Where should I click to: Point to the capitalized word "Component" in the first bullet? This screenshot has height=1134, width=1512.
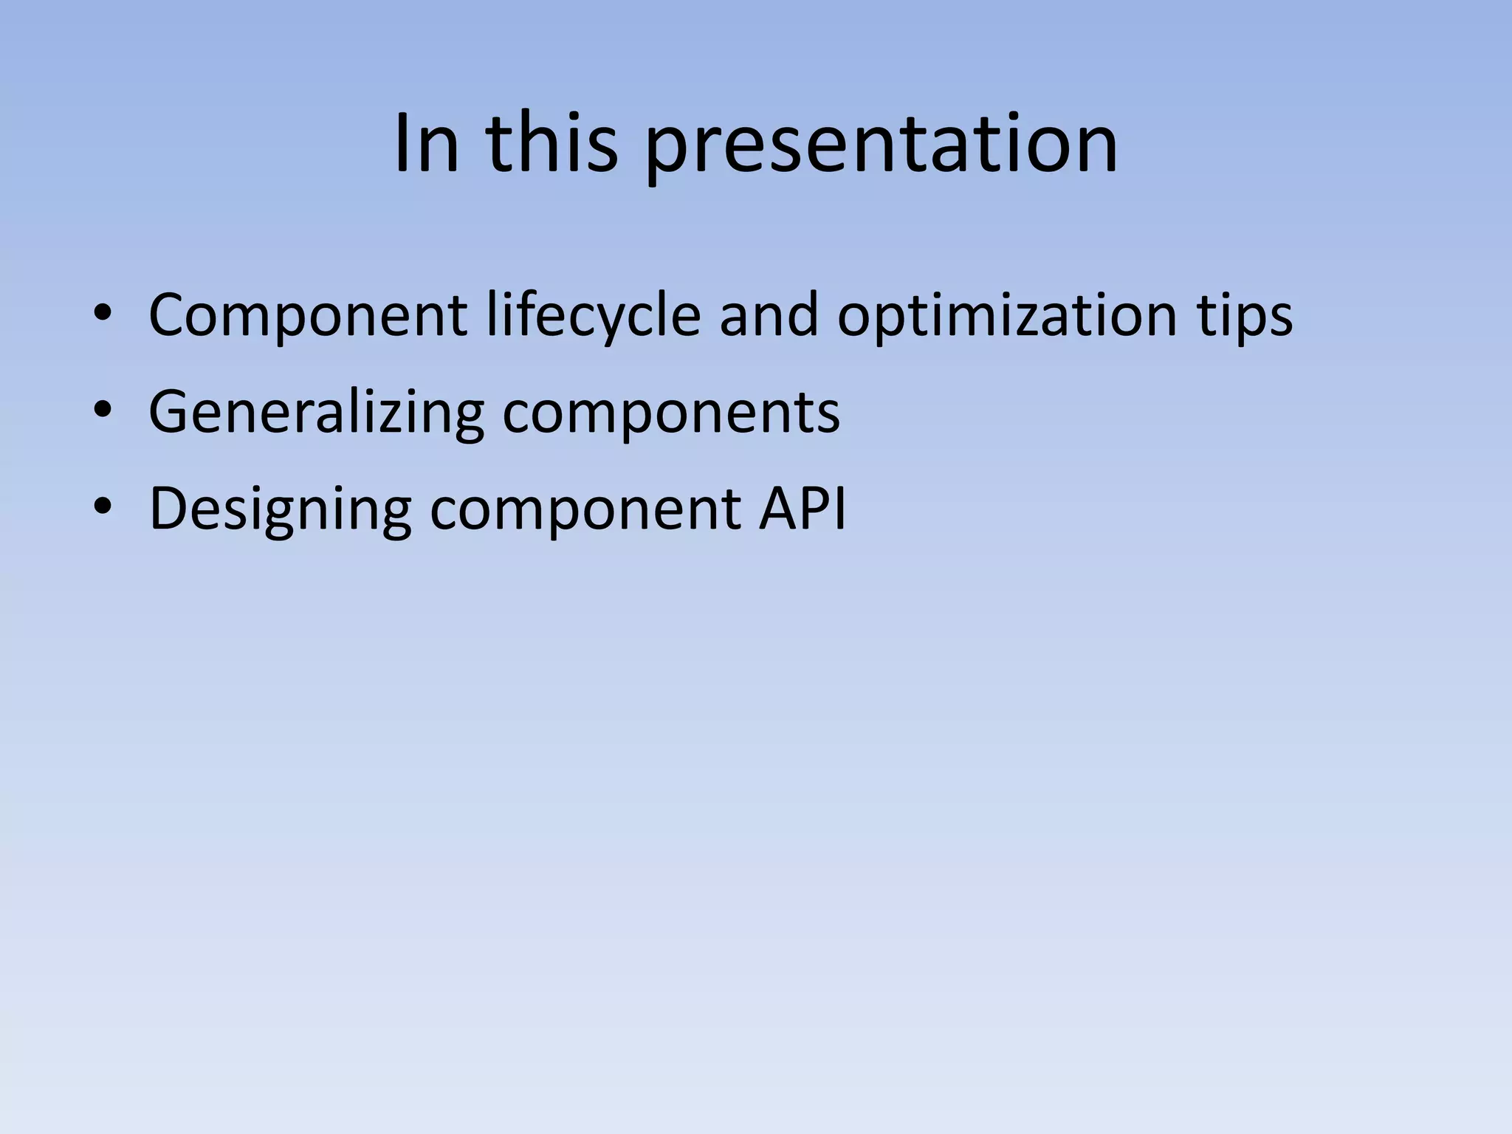(307, 316)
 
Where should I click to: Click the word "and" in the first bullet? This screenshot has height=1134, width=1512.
(769, 316)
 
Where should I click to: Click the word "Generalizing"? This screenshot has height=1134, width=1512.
(316, 412)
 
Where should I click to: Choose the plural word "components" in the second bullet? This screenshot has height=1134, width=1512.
(671, 413)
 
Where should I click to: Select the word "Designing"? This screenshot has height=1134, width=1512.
(280, 510)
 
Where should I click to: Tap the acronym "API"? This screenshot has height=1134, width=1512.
(803, 509)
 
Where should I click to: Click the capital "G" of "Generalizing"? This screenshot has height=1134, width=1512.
(168, 412)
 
